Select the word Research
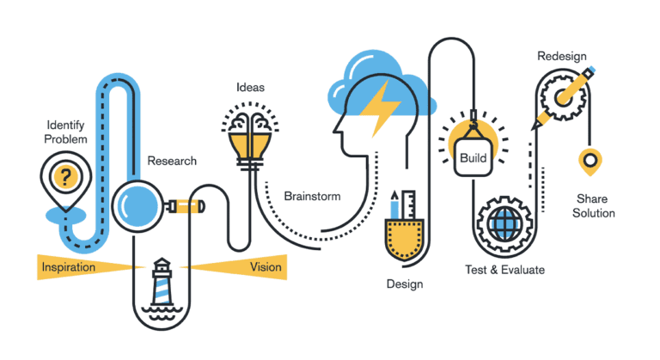tap(172, 161)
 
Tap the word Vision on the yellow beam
tap(266, 267)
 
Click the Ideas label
tap(250, 88)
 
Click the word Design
tap(404, 283)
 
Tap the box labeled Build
tap(473, 157)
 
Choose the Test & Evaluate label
tap(504, 269)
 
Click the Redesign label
tap(562, 57)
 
